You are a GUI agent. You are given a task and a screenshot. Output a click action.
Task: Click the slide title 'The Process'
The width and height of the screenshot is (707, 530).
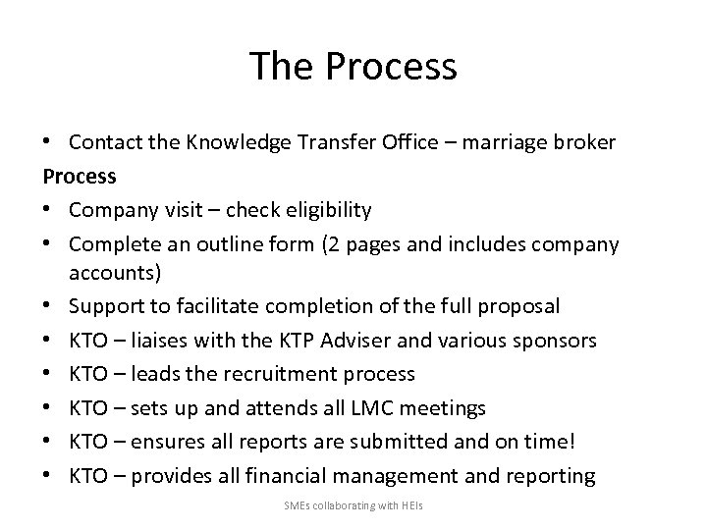tap(353, 66)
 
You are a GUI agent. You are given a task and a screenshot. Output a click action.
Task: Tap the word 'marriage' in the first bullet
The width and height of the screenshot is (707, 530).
tap(507, 142)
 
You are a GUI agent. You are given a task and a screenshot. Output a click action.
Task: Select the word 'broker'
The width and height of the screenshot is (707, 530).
tap(585, 142)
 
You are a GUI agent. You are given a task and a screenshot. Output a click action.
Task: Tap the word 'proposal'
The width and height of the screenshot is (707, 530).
tap(521, 307)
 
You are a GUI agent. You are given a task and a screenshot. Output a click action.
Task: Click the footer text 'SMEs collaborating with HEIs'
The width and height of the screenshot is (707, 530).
tap(353, 506)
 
